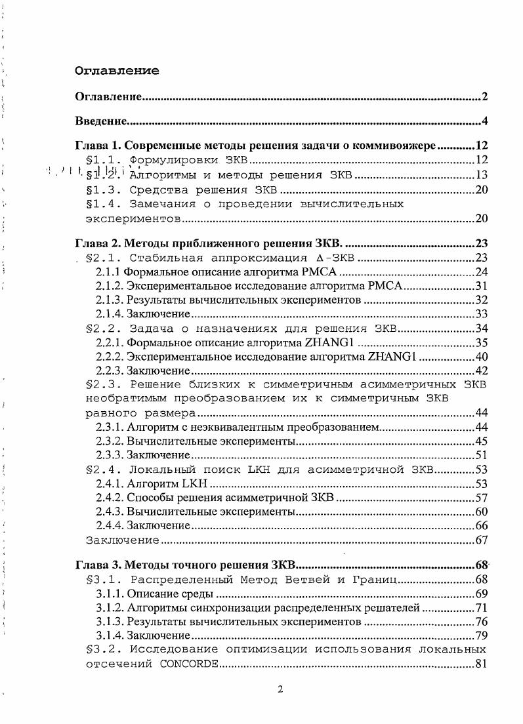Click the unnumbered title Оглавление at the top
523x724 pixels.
pos(117,71)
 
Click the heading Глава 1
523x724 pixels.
pos(98,146)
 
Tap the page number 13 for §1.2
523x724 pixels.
pos(480,175)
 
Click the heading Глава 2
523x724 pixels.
pos(98,243)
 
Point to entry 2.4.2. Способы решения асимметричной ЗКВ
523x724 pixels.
pos(215,498)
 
